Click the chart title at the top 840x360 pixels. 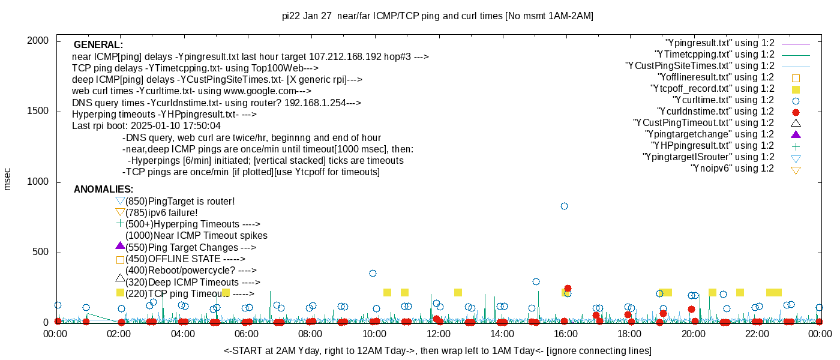pyautogui.click(x=437, y=16)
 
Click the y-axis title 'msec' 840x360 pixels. pyautogui.click(x=8, y=179)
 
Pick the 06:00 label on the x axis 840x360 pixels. pyautogui.click(x=247, y=334)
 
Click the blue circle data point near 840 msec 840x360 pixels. pyautogui.click(x=564, y=206)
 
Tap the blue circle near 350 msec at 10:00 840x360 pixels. pyautogui.click(x=373, y=273)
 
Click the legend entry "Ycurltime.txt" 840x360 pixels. pyautogui.click(x=724, y=100)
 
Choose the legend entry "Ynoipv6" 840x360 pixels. pyautogui.click(x=732, y=169)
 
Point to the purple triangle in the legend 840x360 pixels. pyautogui.click(x=796, y=134)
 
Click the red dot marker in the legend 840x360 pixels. pyautogui.click(x=796, y=112)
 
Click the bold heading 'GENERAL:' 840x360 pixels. pyautogui.click(x=98, y=45)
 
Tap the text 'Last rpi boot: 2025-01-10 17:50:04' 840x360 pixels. pyautogui.click(x=146, y=126)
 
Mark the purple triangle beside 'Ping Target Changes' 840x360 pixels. pyautogui.click(x=120, y=246)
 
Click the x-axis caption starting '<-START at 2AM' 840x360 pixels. pyautogui.click(x=437, y=350)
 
